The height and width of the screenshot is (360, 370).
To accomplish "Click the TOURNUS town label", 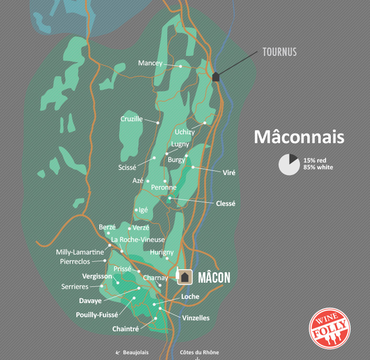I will tap(279, 52).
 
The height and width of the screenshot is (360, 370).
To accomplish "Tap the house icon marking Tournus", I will tap(216, 76).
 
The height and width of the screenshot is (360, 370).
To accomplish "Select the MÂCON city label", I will tap(213, 277).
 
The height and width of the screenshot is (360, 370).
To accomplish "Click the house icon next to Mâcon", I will tap(184, 277).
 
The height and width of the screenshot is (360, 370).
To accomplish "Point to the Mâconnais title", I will tap(299, 137).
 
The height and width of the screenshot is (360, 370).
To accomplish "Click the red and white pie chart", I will tap(288, 165).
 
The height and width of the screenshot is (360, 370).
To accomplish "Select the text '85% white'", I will tap(318, 168).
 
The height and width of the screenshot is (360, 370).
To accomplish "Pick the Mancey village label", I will tap(151, 63).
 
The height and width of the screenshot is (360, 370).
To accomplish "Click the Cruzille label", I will tap(131, 119).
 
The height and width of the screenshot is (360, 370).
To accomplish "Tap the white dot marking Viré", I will tap(193, 167).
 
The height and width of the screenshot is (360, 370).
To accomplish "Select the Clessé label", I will tap(225, 203).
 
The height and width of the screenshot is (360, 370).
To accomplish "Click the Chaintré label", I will tap(126, 329).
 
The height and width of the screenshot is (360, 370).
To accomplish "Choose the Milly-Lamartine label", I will tap(80, 252).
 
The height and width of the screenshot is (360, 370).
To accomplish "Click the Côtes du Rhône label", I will tap(199, 353).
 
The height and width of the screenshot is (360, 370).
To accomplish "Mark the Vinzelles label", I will tap(196, 318).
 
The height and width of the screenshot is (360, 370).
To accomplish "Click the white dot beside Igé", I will tap(136, 210).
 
